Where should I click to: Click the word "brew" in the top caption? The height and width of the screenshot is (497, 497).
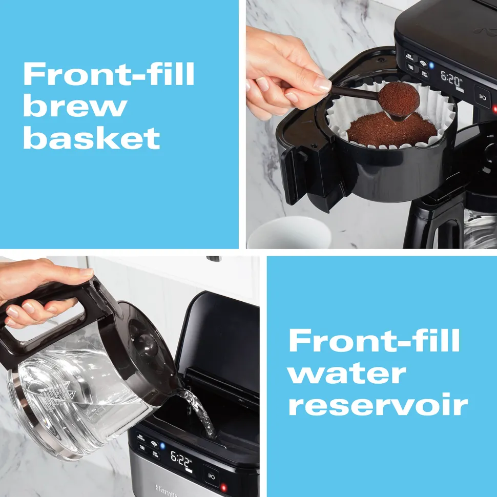pos(75,107)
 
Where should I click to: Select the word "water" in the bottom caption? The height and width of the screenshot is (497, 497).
pos(346,374)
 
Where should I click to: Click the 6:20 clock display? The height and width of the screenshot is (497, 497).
pos(451,80)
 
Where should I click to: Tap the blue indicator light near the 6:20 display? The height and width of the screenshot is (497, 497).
pos(431,66)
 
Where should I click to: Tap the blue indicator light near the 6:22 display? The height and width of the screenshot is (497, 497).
pos(163,445)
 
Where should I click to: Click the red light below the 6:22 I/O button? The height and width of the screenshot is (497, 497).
pos(223,487)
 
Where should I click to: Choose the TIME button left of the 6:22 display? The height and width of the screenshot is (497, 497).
pos(141,448)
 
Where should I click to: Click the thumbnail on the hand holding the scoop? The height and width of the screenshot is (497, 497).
pos(322,84)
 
